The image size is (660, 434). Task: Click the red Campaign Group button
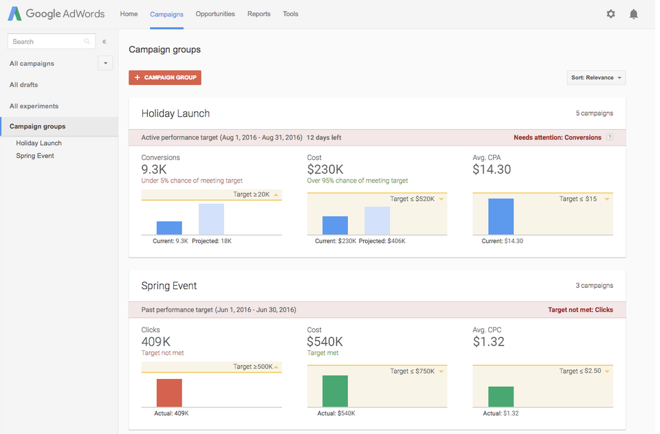click(165, 78)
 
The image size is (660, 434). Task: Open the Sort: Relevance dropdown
click(596, 78)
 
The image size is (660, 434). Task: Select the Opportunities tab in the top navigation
click(215, 14)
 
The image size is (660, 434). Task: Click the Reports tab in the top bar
click(259, 14)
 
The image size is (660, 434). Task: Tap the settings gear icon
click(610, 14)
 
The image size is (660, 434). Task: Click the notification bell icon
click(633, 14)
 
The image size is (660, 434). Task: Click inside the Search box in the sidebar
click(47, 42)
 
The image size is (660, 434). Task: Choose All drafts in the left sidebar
click(24, 85)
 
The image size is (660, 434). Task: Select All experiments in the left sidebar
click(34, 106)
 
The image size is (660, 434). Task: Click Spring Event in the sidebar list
click(35, 156)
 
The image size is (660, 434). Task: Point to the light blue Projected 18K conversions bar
click(211, 219)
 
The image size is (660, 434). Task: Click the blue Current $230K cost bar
click(335, 225)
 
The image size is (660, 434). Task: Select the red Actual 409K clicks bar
click(169, 393)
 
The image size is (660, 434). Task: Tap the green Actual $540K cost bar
click(335, 391)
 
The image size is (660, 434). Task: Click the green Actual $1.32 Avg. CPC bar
click(500, 396)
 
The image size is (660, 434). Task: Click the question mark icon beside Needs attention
click(610, 137)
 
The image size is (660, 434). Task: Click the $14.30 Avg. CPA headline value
click(492, 170)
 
